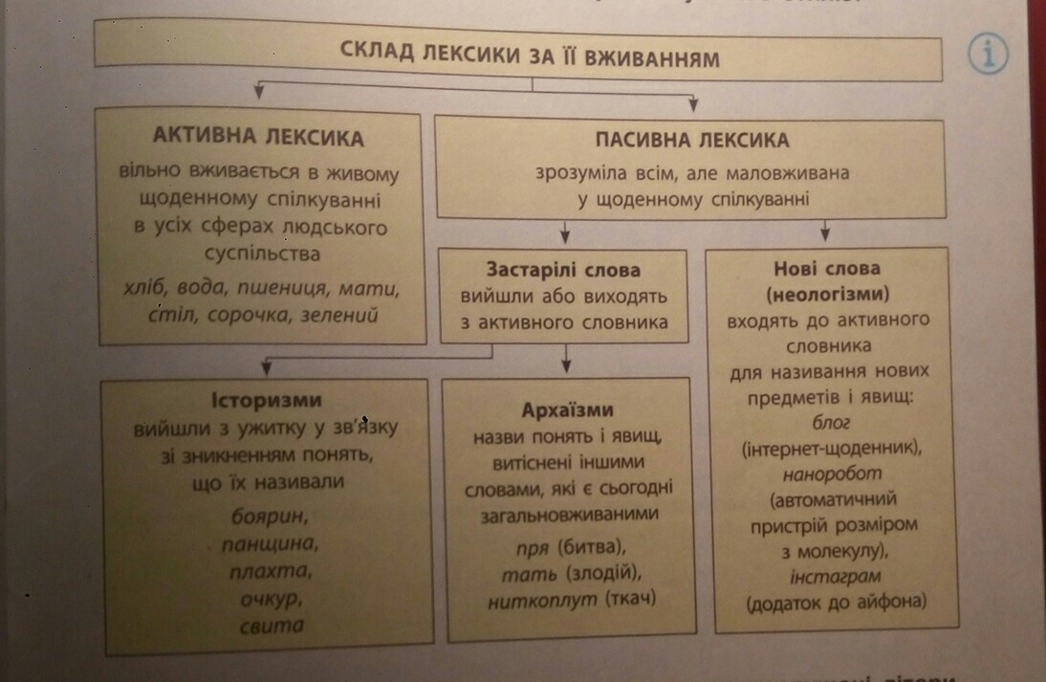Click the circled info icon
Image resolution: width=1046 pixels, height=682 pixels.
pos(989,55)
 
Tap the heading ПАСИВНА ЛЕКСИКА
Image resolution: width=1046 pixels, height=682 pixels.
pos(692,141)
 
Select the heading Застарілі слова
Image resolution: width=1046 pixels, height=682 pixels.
pos(563,270)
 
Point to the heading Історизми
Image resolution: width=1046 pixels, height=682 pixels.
pos(266,400)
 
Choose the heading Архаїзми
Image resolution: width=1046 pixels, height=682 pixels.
pos(568,410)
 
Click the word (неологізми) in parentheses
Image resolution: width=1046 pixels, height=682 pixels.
pos(828,292)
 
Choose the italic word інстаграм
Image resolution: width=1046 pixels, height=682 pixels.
pos(829,577)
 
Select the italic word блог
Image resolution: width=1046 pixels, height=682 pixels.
pos(829,421)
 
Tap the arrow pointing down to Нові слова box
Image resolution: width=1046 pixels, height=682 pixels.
pos(826,231)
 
